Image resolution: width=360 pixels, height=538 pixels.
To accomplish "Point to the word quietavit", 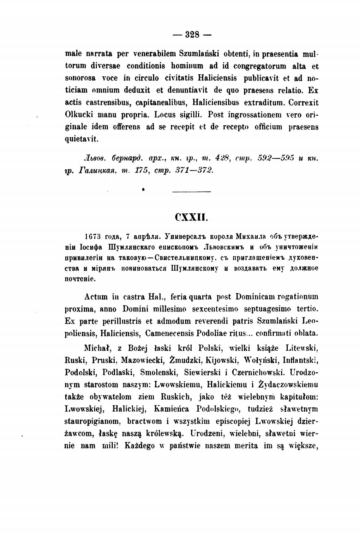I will click(82, 139).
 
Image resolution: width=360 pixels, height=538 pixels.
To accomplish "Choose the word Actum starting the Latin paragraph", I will click(97, 297).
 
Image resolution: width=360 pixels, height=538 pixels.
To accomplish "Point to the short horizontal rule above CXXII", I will click(192, 191).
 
